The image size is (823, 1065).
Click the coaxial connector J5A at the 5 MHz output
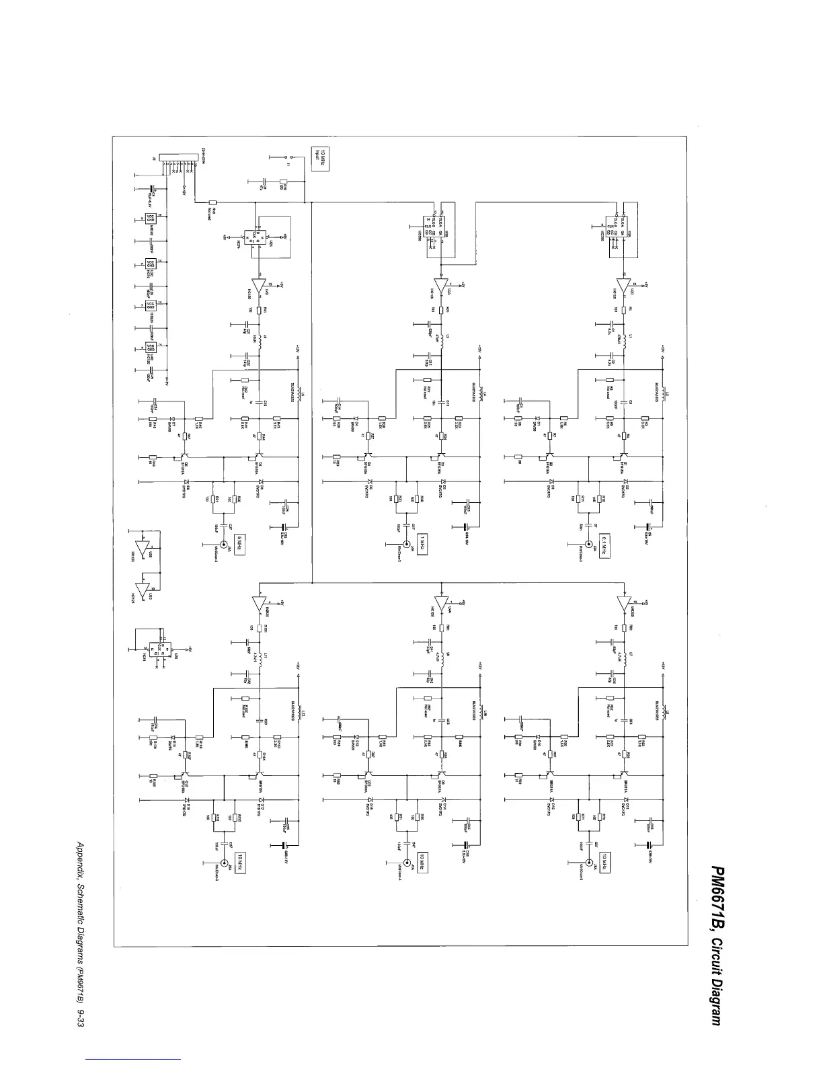pyautogui.click(x=223, y=545)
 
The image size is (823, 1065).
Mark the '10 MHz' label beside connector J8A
pyautogui.click(x=604, y=860)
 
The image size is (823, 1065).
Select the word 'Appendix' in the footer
pyautogui.click(x=81, y=859)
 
